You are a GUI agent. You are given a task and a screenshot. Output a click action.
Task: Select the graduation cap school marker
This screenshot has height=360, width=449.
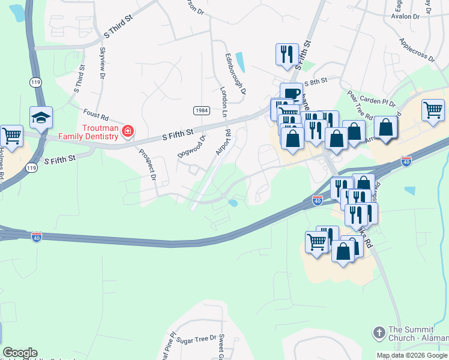pos(41,117)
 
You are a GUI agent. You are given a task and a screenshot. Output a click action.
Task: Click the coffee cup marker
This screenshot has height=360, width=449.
pos(291,94)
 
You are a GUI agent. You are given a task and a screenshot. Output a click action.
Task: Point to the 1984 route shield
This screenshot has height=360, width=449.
pos(201,110)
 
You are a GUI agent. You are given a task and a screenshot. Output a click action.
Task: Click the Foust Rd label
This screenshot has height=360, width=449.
pos(95,114)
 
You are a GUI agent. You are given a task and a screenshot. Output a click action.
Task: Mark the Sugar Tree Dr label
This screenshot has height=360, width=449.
pos(196,340)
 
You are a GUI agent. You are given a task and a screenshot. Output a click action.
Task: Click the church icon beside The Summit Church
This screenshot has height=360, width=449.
pos(379,332)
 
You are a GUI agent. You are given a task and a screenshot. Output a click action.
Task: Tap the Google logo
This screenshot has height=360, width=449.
pos(20,353)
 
